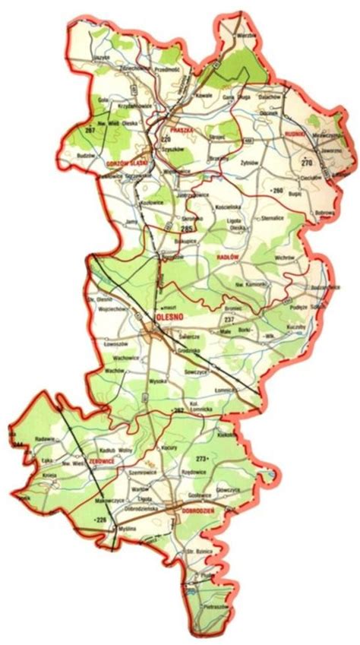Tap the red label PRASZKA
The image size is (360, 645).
coord(183,130)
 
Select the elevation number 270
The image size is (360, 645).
coord(307,163)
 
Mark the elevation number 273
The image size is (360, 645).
coord(202,459)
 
